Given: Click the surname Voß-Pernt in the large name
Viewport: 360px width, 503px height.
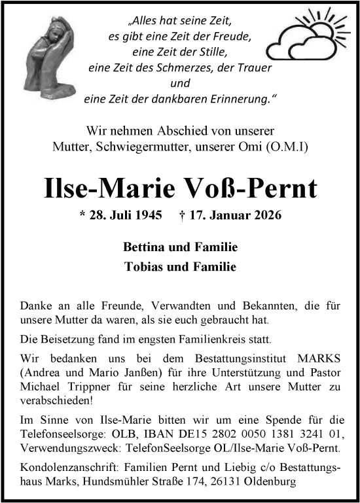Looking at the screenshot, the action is (x=259, y=188).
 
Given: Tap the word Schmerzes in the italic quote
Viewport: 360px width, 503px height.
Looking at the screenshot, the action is (x=185, y=67).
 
